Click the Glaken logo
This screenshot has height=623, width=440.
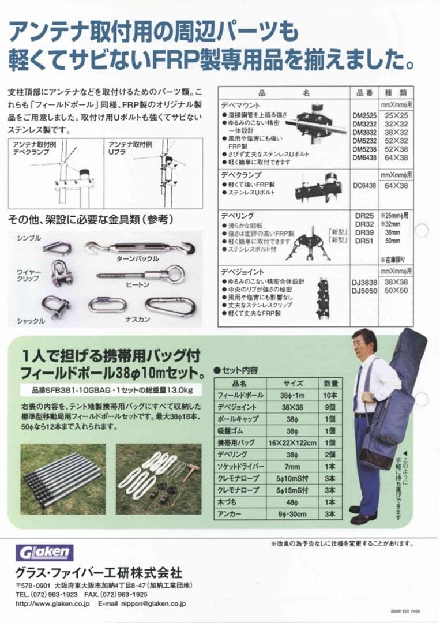45,552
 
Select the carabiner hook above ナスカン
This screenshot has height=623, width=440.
171,306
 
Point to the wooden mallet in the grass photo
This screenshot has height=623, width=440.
190,472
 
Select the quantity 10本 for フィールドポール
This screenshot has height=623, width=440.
331,395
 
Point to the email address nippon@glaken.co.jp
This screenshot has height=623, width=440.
155,603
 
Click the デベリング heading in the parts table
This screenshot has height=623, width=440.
237,215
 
